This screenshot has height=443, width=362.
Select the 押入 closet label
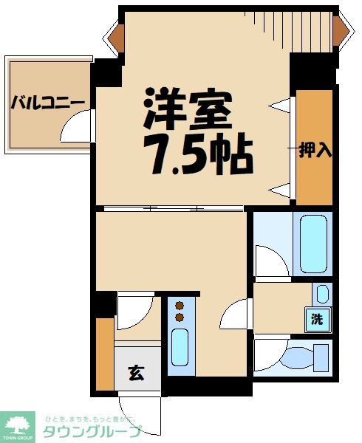(x=315, y=150)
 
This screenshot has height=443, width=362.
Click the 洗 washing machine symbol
(x=318, y=320)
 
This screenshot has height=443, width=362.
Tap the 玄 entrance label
(x=137, y=371)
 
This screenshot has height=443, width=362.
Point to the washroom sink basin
(x=321, y=294)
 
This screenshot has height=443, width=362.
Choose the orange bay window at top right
(x=341, y=27)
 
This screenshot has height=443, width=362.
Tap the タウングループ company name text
(x=87, y=431)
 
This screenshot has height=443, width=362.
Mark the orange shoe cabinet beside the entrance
(x=105, y=353)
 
